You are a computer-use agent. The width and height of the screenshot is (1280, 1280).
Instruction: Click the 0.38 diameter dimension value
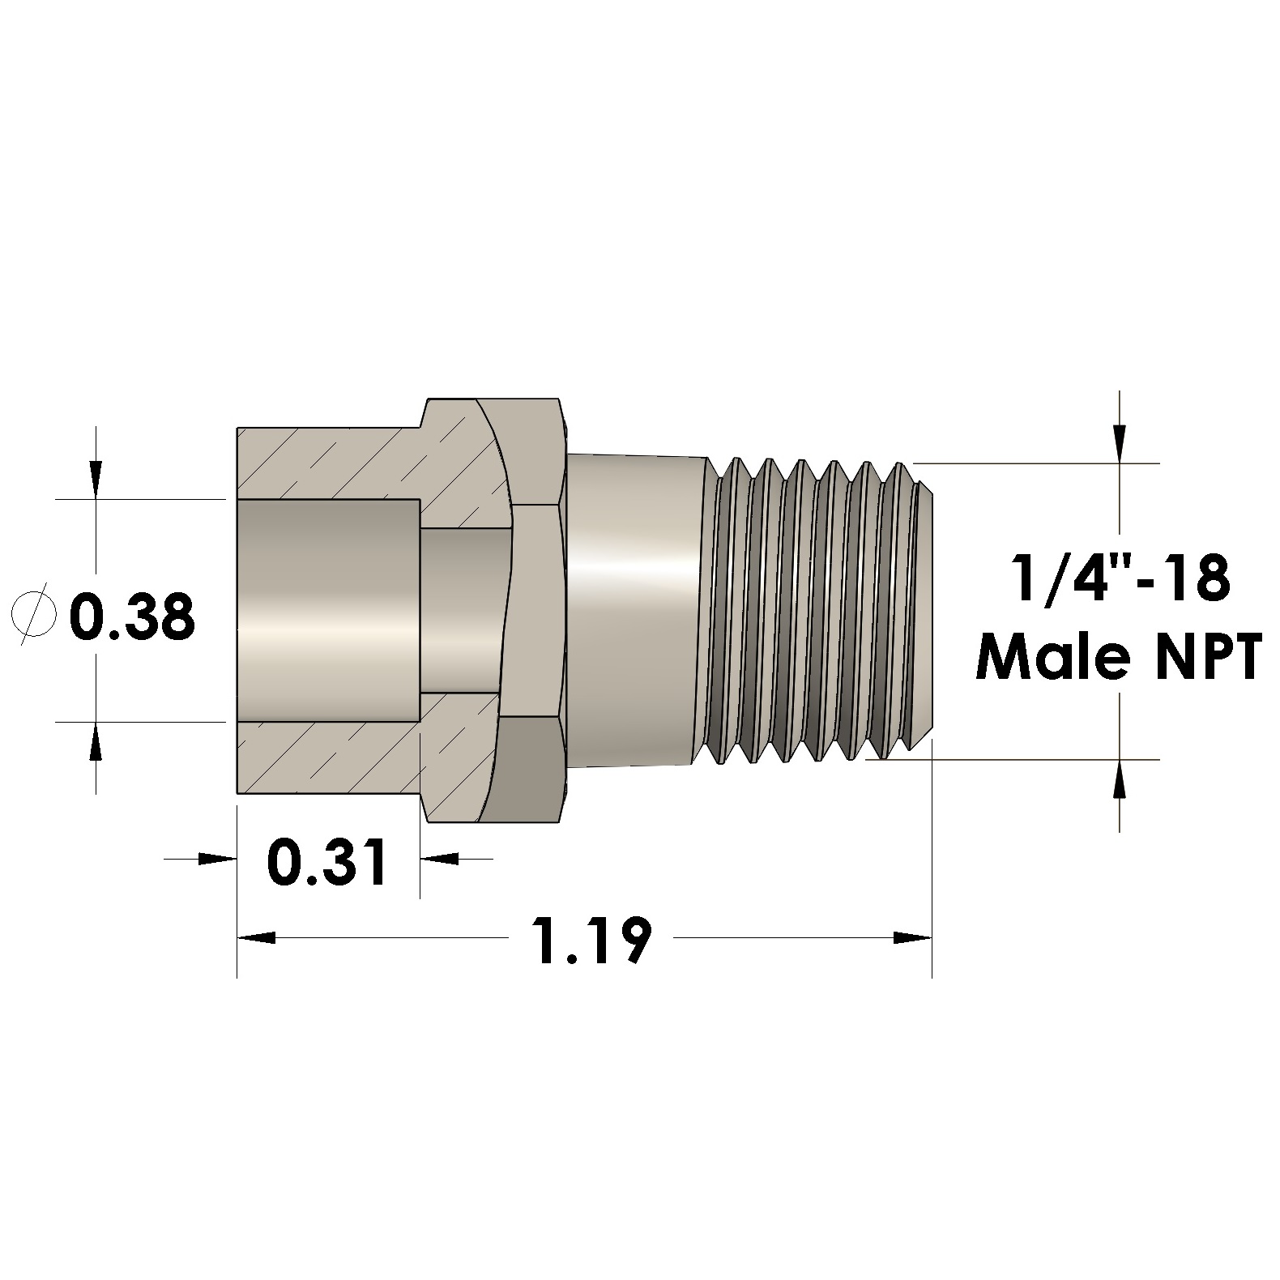132,617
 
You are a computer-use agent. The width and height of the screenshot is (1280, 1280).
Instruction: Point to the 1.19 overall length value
592,939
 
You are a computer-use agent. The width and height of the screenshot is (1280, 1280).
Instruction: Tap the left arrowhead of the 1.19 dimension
255,938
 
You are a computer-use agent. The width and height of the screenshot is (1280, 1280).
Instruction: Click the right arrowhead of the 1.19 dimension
912,938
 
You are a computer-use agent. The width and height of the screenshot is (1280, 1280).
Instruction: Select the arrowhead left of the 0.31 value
217,858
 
